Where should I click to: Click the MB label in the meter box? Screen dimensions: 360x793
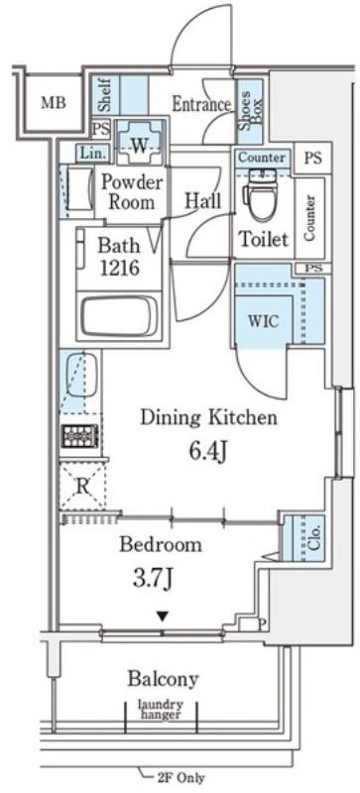pos(54,103)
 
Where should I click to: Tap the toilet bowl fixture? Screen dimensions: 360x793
pos(263,193)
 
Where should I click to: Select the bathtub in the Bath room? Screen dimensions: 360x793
pos(119,314)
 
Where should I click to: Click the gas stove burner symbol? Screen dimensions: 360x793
pos(79,435)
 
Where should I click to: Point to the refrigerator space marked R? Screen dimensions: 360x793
pos(82,486)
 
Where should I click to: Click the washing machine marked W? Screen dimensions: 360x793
pos(139,145)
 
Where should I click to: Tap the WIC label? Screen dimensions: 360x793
pos(263,321)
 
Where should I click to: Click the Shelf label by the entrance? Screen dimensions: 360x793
pos(105,94)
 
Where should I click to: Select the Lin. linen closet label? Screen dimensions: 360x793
pos(92,153)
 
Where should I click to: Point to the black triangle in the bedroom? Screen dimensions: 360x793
pos(162,616)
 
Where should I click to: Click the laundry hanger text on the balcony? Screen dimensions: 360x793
pos(162,709)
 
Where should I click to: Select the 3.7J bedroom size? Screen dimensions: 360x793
pos(153,579)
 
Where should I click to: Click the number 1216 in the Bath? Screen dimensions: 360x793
pos(119,268)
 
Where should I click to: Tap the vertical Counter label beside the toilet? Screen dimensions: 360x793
pos(309,217)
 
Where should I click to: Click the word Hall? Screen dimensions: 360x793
pos(202,200)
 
